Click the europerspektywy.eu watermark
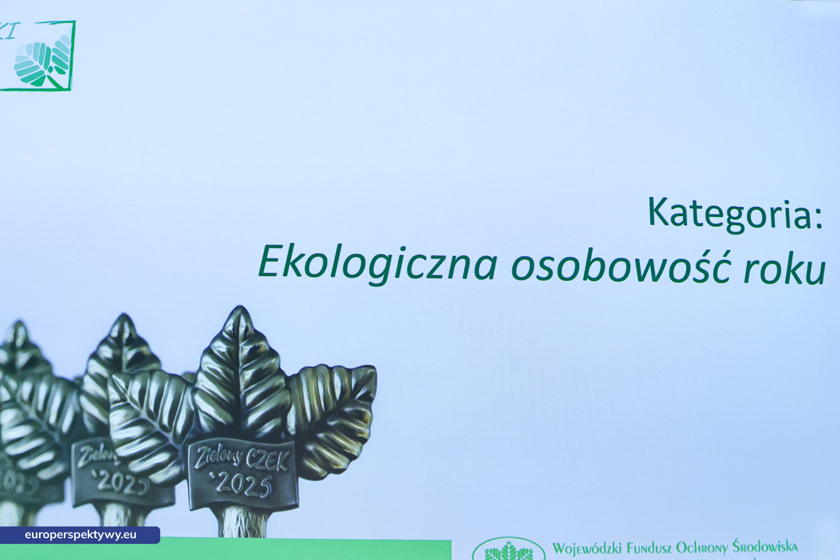[x=80, y=535]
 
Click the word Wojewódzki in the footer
[x=587, y=548]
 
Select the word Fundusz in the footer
[x=649, y=548]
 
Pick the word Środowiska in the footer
[x=765, y=546]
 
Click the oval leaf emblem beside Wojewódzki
[x=509, y=551]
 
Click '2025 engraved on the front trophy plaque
[x=242, y=485]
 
